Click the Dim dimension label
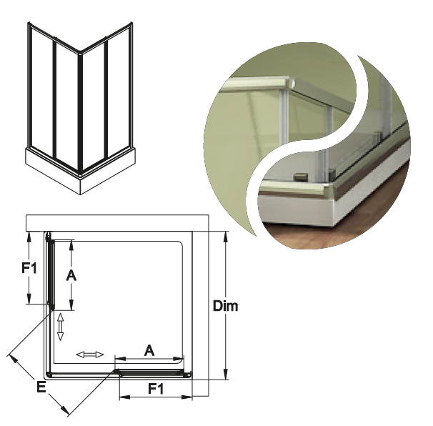coord(225,306)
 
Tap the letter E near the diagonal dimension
coord(41,387)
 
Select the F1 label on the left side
coord(29,268)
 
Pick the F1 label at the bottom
coord(156,389)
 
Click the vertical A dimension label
coord(71,275)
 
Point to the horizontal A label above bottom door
coord(149,350)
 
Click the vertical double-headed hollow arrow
coord(60,327)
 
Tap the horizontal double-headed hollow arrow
coord(90,355)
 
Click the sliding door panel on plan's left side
coord(51,272)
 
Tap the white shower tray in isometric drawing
coord(80,171)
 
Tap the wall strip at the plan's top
coord(117,223)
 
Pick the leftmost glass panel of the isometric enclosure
coord(42,92)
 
